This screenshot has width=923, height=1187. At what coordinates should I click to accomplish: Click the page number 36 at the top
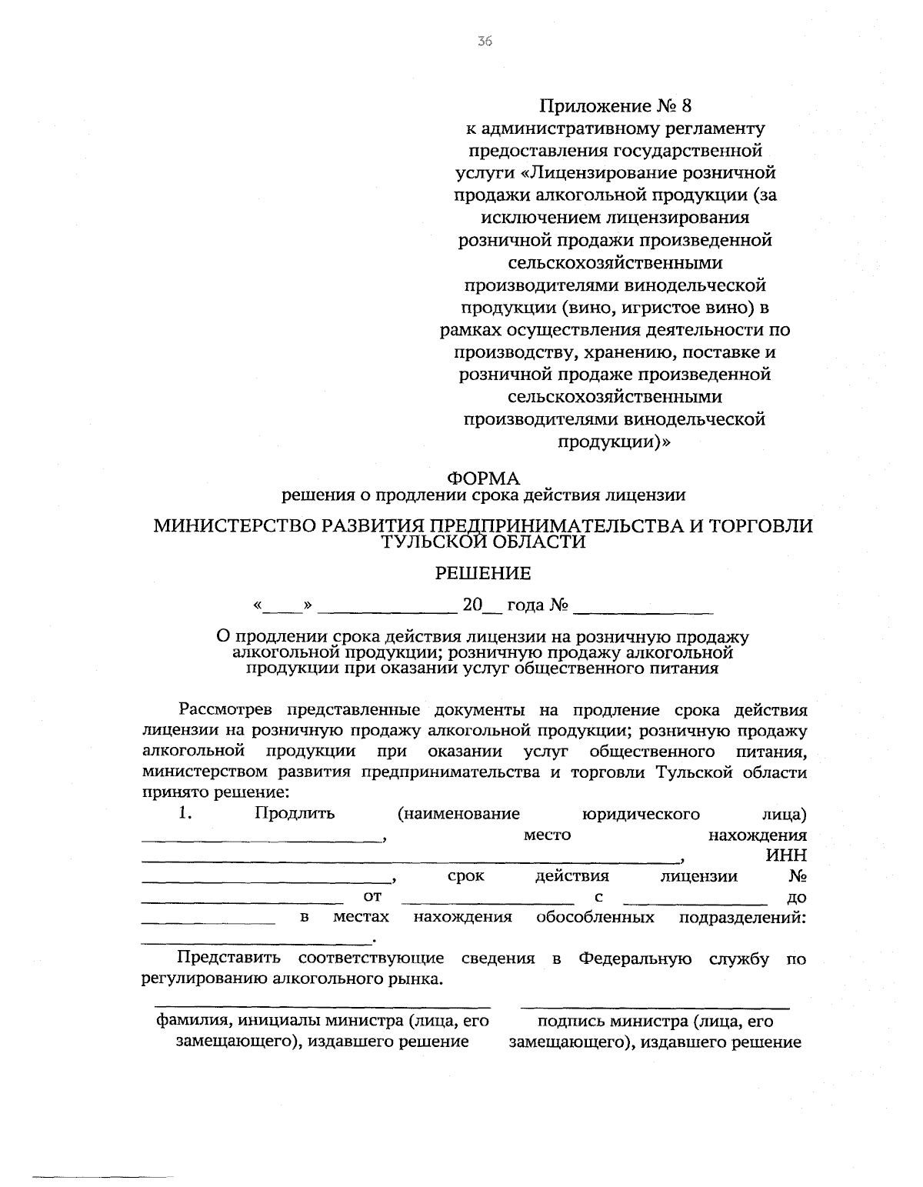[484, 42]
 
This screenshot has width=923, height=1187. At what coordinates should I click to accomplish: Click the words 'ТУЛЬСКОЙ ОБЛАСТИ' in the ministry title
[484, 543]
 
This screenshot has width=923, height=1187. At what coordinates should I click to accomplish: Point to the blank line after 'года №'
[644, 610]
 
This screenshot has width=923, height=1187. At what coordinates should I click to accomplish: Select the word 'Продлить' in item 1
[295, 813]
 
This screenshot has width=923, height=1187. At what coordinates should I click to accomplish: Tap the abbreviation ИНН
[786, 855]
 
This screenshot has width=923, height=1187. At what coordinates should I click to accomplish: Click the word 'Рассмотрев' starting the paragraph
[224, 709]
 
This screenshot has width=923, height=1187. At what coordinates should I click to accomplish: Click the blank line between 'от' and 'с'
[488, 902]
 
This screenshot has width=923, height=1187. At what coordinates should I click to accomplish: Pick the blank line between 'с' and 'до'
[695, 902]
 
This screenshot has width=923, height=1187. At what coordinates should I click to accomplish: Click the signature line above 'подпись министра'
[655, 1007]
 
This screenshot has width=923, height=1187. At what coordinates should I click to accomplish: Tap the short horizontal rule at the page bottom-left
[102, 1155]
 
